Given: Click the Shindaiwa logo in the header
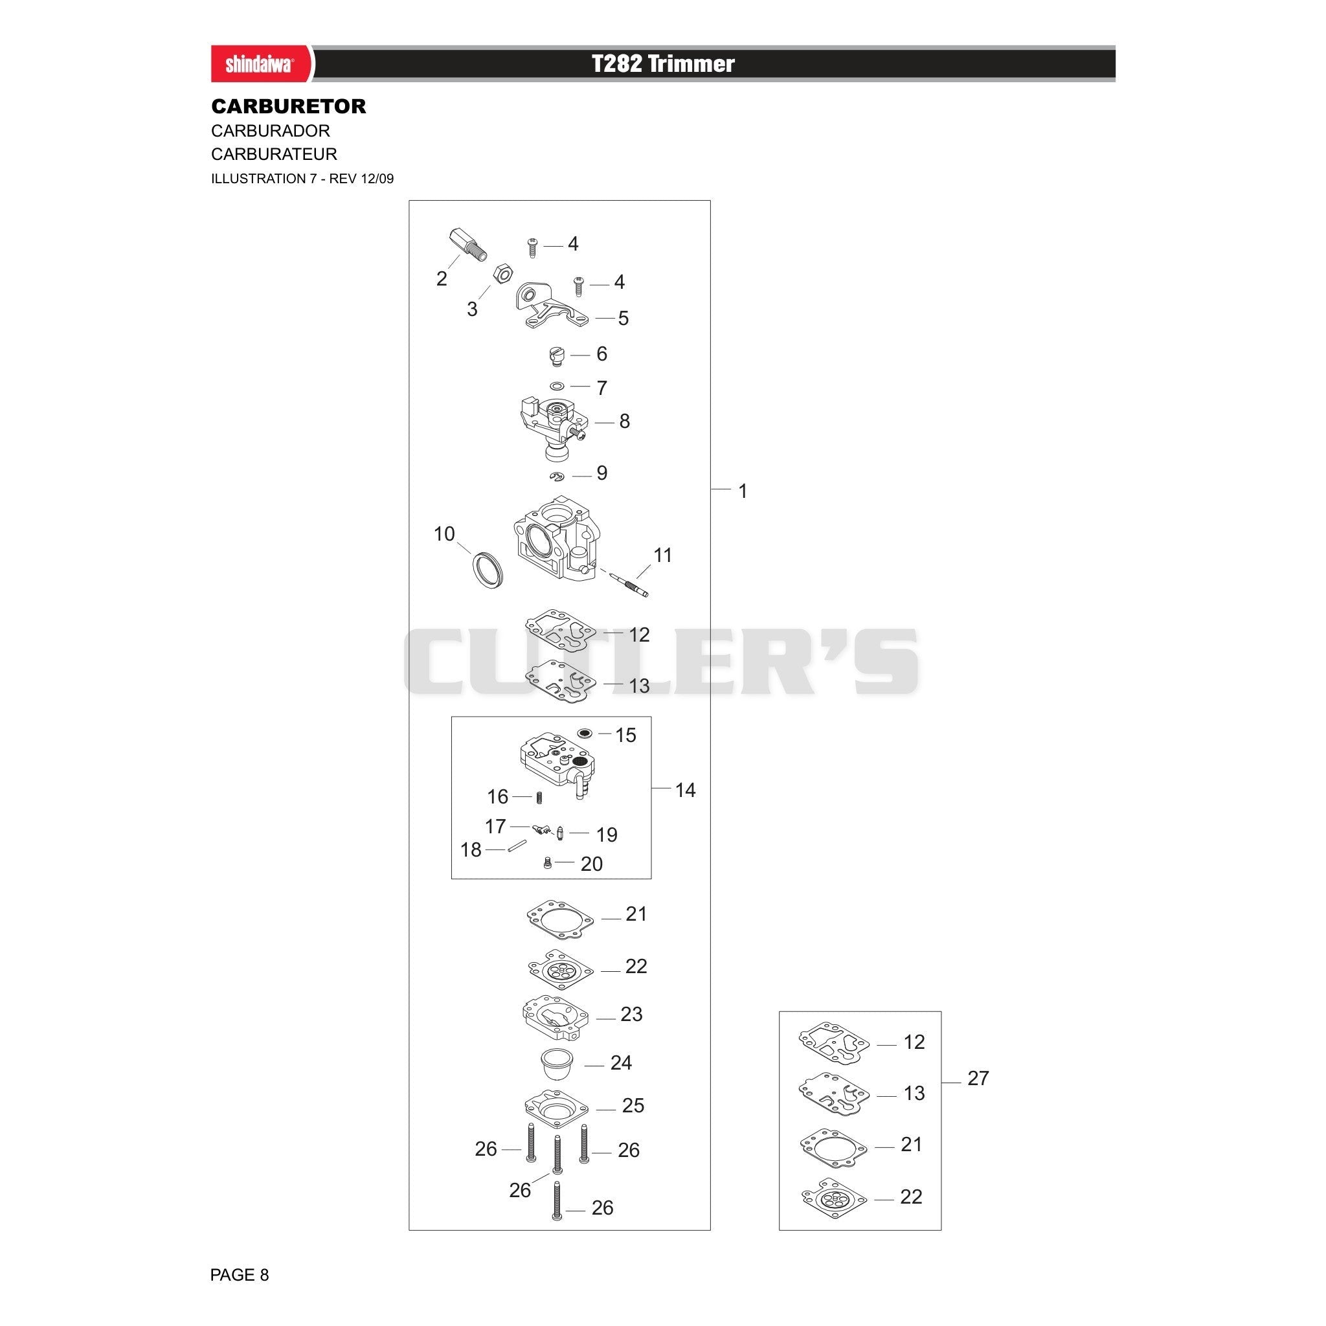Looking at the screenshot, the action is [x=260, y=65].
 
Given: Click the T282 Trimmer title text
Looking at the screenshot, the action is [x=663, y=64].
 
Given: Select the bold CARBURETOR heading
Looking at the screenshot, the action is [x=288, y=106].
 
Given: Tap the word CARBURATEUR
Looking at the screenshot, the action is [x=274, y=153].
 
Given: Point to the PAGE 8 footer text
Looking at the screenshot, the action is [x=239, y=1274].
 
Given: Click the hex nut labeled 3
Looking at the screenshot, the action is [x=502, y=274].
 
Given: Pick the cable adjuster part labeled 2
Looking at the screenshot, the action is [x=468, y=244].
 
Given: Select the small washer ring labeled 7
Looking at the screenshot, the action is [x=557, y=386].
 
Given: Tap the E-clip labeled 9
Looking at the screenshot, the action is [x=557, y=477].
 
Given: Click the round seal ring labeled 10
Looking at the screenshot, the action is [x=487, y=569].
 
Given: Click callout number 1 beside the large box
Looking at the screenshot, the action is [x=742, y=491].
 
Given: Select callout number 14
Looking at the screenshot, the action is [x=685, y=790].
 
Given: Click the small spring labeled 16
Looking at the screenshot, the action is [x=539, y=798].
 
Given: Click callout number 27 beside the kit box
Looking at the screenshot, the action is [x=978, y=1078].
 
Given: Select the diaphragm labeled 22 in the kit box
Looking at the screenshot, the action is [x=834, y=1198].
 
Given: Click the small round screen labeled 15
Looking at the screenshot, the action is [x=585, y=734].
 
